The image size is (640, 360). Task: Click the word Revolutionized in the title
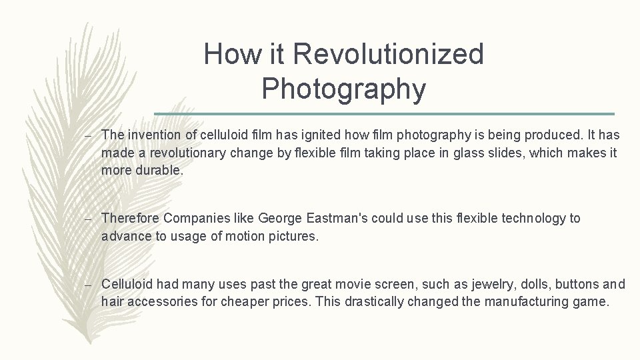point(389,54)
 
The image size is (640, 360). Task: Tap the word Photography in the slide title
point(343,89)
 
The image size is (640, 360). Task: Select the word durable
point(160,170)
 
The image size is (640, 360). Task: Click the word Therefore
point(130,218)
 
